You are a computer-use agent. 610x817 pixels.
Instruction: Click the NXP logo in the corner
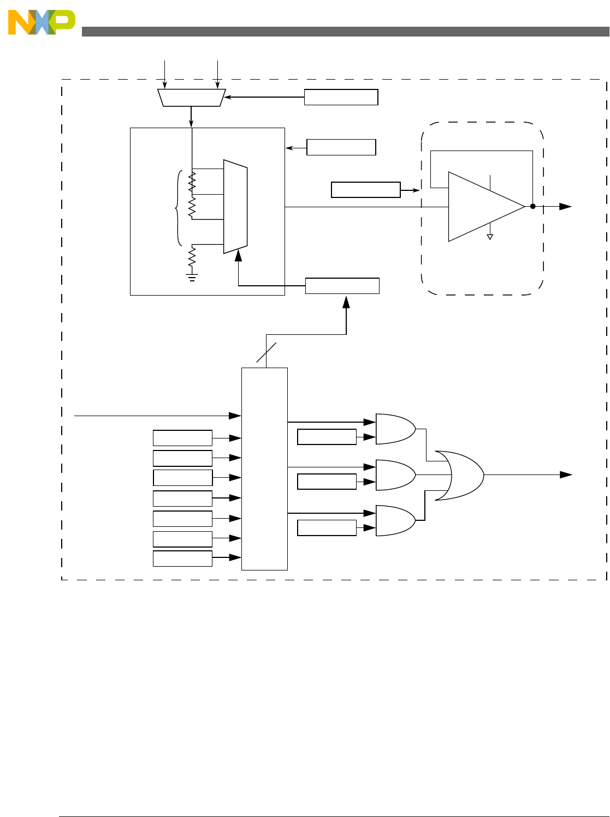click(x=41, y=22)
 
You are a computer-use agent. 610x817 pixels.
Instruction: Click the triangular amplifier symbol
click(x=483, y=207)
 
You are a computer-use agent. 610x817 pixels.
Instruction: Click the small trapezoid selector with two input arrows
click(x=191, y=98)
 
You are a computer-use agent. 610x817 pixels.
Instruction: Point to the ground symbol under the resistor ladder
click(x=192, y=277)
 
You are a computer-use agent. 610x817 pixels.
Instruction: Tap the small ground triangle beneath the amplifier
click(x=490, y=237)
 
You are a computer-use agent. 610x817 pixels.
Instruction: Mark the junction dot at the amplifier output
click(x=532, y=207)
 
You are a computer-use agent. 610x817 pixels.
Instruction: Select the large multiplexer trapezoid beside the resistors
click(x=235, y=207)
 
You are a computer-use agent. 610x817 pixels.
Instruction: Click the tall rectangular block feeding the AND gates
click(x=264, y=468)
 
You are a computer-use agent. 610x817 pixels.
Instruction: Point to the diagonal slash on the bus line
click(x=266, y=352)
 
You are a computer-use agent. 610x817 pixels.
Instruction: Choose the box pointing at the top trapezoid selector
click(x=341, y=97)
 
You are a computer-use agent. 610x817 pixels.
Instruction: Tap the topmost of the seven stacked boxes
click(x=182, y=438)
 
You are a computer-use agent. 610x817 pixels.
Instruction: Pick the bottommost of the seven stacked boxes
click(x=182, y=558)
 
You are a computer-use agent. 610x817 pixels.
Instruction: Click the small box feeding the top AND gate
click(x=327, y=437)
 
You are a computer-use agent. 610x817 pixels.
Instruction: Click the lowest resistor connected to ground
click(x=192, y=256)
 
